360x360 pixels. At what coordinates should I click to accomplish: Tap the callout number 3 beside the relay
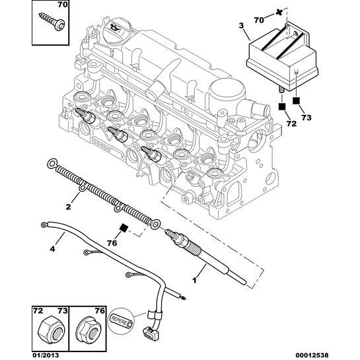tap(241, 25)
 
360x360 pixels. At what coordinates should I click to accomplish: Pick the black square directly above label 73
tap(297, 100)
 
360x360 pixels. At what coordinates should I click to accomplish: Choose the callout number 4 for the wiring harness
tap(52, 249)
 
